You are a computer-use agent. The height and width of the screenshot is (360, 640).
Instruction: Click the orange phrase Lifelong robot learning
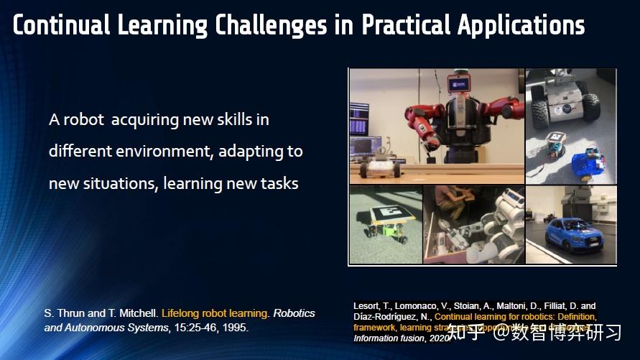(208, 314)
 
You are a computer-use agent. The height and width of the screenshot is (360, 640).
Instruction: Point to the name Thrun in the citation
(71, 314)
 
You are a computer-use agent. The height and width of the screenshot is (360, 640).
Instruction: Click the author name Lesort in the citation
(366, 306)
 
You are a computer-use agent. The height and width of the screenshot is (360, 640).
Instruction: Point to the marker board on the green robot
(390, 214)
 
